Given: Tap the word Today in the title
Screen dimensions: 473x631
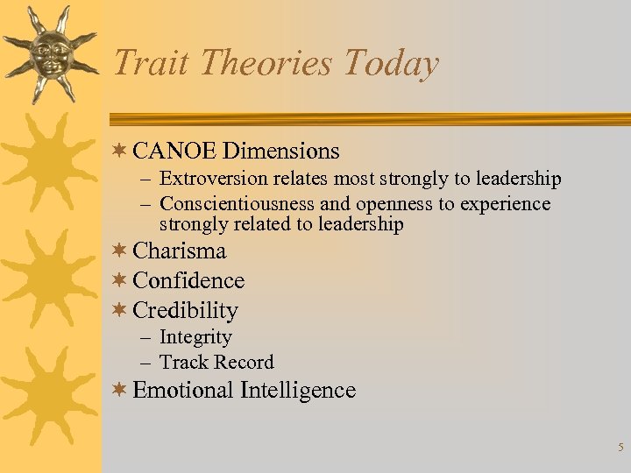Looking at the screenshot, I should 391,64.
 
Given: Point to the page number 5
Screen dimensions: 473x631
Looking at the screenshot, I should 620,448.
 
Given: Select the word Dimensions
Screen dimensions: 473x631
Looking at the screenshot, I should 280,152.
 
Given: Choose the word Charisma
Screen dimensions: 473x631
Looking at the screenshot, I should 180,251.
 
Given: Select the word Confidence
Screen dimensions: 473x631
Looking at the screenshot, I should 188,281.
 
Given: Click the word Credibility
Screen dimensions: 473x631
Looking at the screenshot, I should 185,311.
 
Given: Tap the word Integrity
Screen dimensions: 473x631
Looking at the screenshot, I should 195,338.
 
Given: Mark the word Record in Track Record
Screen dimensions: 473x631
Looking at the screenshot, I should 245,363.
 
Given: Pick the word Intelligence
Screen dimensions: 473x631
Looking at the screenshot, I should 297,391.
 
